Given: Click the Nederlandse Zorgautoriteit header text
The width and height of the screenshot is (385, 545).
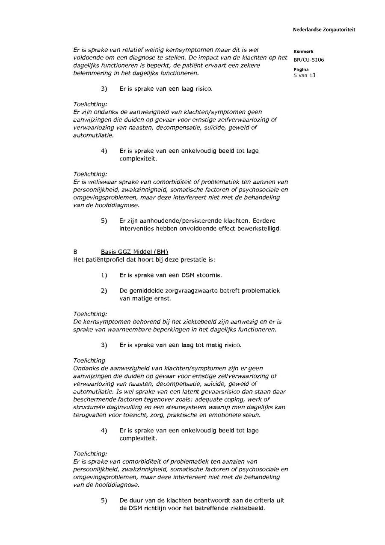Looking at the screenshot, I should tap(324, 30).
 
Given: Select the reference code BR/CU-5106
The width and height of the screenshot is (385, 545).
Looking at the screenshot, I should tap(308, 60).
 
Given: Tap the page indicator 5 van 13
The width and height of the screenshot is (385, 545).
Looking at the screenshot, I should tap(305, 75).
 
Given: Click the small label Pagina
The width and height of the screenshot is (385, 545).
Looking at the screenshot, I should tap(301, 69).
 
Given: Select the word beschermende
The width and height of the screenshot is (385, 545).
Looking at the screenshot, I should tap(94, 399).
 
